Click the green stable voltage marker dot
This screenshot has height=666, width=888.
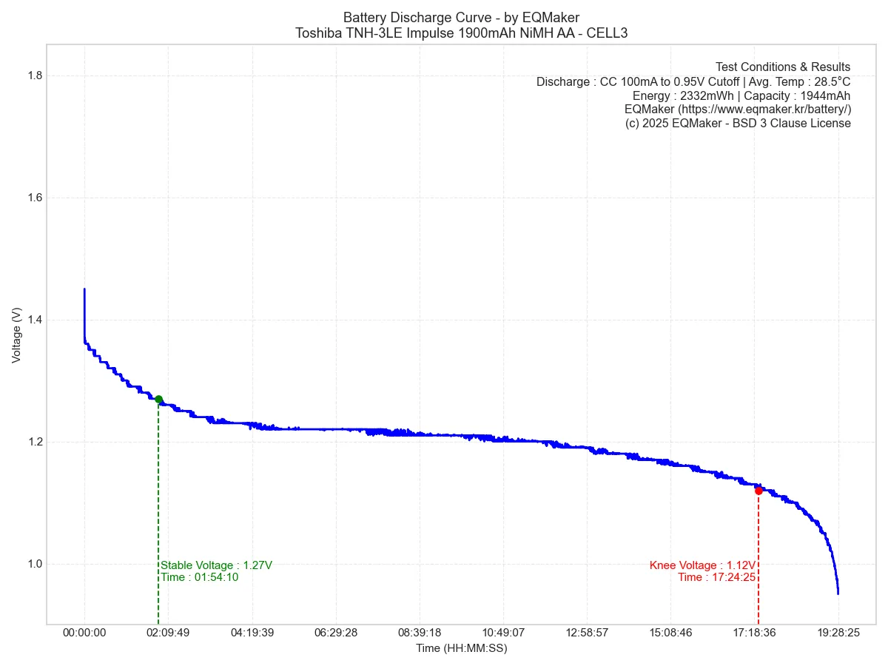158,400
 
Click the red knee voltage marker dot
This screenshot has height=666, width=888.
758,491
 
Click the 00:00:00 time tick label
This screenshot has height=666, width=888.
84,633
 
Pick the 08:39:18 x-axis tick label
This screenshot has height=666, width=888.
420,633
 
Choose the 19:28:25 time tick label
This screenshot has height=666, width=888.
838,633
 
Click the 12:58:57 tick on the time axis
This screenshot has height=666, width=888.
587,633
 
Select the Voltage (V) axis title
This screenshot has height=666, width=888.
17,335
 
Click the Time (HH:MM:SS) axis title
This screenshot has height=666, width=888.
461,648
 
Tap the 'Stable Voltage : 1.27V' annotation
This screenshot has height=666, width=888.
217,565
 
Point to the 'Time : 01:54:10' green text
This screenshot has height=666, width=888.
200,577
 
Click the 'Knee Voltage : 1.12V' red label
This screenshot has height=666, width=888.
702,565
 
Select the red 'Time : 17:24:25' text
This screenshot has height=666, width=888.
716,577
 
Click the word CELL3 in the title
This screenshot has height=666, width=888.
608,33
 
